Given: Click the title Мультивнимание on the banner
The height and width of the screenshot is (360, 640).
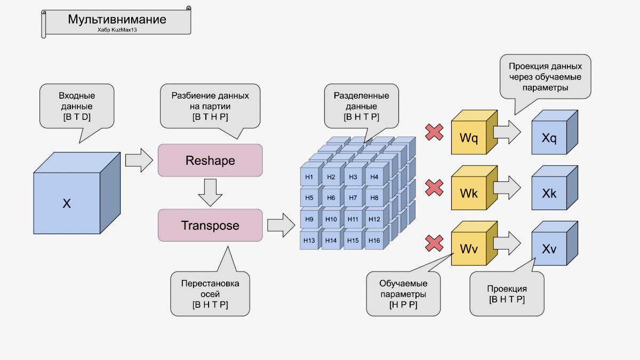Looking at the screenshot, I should point(117,20).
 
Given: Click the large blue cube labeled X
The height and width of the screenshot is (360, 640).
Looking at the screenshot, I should point(67,203).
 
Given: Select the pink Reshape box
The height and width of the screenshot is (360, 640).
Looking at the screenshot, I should point(210,160).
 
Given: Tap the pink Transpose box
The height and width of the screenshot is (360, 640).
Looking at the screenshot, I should point(210,225).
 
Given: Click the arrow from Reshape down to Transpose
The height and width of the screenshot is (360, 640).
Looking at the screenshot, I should point(210,192).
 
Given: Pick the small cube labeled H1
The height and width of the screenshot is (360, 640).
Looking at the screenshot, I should point(309,177).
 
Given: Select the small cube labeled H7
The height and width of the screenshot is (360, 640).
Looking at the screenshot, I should point(353,198).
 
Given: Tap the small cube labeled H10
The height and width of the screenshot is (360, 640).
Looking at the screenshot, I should point(331,219).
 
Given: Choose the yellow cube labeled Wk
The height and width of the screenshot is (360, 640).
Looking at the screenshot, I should point(469,193).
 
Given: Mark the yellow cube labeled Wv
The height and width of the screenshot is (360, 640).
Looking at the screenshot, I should point(469,249).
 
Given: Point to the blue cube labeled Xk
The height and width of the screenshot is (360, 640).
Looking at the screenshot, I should point(549,194).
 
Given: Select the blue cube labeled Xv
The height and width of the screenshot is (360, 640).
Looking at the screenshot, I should point(549,249).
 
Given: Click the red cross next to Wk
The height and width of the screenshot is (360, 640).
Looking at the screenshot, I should point(435,187).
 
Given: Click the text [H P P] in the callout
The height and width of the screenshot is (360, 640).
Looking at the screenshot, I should point(403,305).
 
